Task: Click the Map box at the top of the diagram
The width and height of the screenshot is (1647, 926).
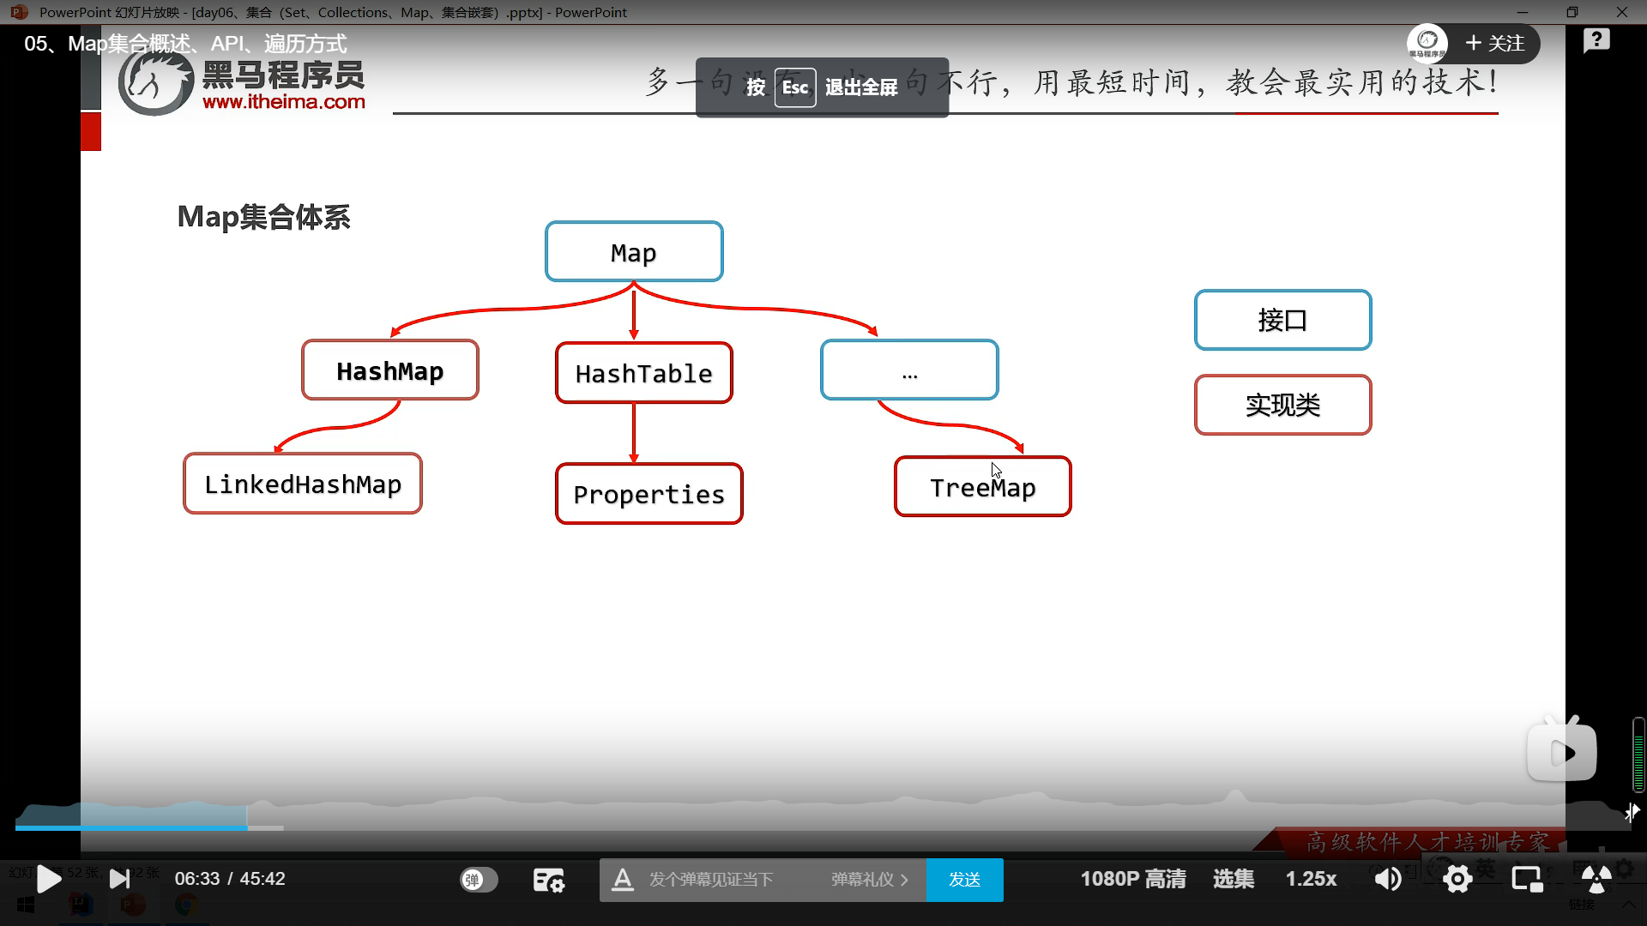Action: coord(634,252)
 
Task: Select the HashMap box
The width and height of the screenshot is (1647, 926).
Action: coord(390,370)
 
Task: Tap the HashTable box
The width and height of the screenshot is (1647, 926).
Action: coord(644,373)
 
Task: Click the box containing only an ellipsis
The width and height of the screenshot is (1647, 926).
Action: coord(909,370)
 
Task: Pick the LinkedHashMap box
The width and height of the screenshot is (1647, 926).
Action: coord(303,484)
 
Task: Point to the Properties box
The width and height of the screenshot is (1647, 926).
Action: coord(649,494)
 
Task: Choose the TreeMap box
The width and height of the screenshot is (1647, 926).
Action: coord(983,487)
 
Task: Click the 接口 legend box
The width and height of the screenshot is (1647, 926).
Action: coord(1282,320)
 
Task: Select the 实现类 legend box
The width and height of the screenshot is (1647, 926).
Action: coord(1282,405)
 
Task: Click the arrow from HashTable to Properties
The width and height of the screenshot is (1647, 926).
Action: coord(634,433)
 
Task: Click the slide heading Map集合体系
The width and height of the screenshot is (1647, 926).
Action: coord(264,217)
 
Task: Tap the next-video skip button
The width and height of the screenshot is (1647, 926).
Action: coord(120,879)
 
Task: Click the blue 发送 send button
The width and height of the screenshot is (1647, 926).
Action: coord(964,880)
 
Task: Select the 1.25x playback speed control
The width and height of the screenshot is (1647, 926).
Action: coord(1311,879)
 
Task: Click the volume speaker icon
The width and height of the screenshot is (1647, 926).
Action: coord(1387,879)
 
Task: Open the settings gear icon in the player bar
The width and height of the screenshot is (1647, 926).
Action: coord(1457,879)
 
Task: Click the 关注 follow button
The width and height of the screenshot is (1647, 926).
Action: coord(1496,44)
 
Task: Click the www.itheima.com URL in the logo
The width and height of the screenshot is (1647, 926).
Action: coord(284,102)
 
